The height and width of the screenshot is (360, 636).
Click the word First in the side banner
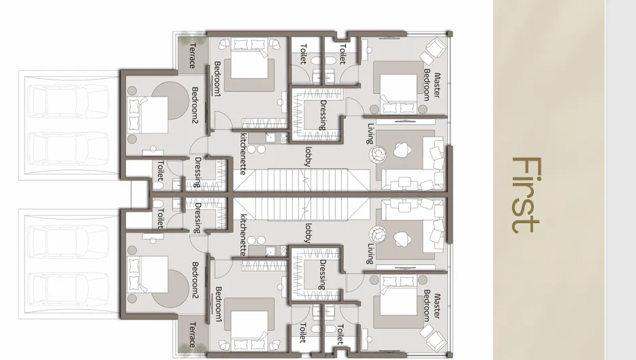526,195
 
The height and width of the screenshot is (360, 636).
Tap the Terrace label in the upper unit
193,56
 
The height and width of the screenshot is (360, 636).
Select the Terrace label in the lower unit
193,335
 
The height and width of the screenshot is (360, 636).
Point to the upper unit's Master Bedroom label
432,85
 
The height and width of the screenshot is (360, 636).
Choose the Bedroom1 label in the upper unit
218,79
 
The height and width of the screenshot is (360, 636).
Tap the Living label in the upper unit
370,133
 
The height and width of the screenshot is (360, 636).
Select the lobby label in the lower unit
308,233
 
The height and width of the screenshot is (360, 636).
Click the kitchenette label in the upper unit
243,154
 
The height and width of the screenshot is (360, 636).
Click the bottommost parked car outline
69,289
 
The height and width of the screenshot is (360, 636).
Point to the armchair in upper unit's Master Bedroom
433,50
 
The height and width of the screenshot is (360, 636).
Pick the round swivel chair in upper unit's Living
377,154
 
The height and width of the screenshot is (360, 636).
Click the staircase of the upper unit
302,181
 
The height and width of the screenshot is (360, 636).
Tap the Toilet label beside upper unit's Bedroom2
160,171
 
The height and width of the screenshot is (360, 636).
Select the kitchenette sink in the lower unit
270,252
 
